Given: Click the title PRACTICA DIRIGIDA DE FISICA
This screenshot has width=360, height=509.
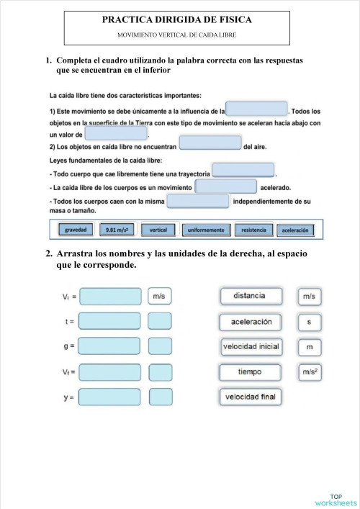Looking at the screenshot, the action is [176, 22].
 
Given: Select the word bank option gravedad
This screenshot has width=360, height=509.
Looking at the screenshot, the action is [76, 230].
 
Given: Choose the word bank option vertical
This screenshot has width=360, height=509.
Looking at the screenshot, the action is [158, 230].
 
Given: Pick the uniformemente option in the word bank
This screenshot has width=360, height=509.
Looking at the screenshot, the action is [207, 230].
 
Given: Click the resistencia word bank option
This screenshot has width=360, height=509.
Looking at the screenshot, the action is [253, 230].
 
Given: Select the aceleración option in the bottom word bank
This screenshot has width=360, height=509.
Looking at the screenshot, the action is [295, 230].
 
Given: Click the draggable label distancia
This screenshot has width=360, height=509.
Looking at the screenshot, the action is [249, 296].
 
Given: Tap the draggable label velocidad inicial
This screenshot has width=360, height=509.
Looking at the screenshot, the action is [250, 347].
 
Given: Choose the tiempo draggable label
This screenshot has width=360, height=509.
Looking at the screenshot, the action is [249, 372].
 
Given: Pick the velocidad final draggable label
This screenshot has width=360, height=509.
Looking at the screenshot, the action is [250, 397].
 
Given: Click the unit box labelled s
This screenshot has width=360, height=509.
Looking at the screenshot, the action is [309, 322].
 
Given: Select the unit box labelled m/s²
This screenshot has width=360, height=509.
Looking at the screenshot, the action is [309, 372].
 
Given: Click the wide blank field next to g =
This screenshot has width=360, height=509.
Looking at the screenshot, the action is [110, 346].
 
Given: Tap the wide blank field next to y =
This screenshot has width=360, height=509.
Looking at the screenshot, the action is [110, 397].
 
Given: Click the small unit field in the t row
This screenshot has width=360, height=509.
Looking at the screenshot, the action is [160, 321].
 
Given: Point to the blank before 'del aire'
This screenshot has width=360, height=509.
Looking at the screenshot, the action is [210, 143].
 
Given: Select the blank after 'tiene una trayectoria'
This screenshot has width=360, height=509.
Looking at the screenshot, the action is [243, 171].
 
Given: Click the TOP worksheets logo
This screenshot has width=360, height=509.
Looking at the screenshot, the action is [336, 499].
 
